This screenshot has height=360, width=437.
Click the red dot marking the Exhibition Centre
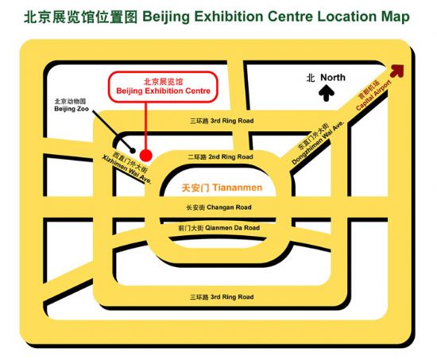click(145, 155)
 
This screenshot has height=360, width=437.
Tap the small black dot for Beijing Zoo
click(133, 150)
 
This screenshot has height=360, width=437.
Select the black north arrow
click(327, 93)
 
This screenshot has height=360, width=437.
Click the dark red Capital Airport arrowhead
click(397, 71)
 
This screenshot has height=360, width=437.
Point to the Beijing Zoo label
click(72, 105)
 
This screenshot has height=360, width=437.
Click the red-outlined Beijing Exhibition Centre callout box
click(163, 87)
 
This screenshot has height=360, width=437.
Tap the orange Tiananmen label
click(222, 188)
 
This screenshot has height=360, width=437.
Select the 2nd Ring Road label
click(220, 157)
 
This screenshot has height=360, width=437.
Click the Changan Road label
click(218, 207)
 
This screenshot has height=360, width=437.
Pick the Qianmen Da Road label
click(218, 228)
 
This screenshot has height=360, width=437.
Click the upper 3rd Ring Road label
click(222, 121)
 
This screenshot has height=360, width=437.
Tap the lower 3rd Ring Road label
click(222, 297)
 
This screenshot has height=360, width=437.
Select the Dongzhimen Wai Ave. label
click(318, 142)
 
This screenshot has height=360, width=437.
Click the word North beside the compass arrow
click(333, 77)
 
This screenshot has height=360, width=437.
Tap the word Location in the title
click(347, 17)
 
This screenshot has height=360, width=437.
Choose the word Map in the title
click(396, 17)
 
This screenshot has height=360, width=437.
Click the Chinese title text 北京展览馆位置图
click(81, 17)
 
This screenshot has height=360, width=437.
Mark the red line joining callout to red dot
click(145, 126)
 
